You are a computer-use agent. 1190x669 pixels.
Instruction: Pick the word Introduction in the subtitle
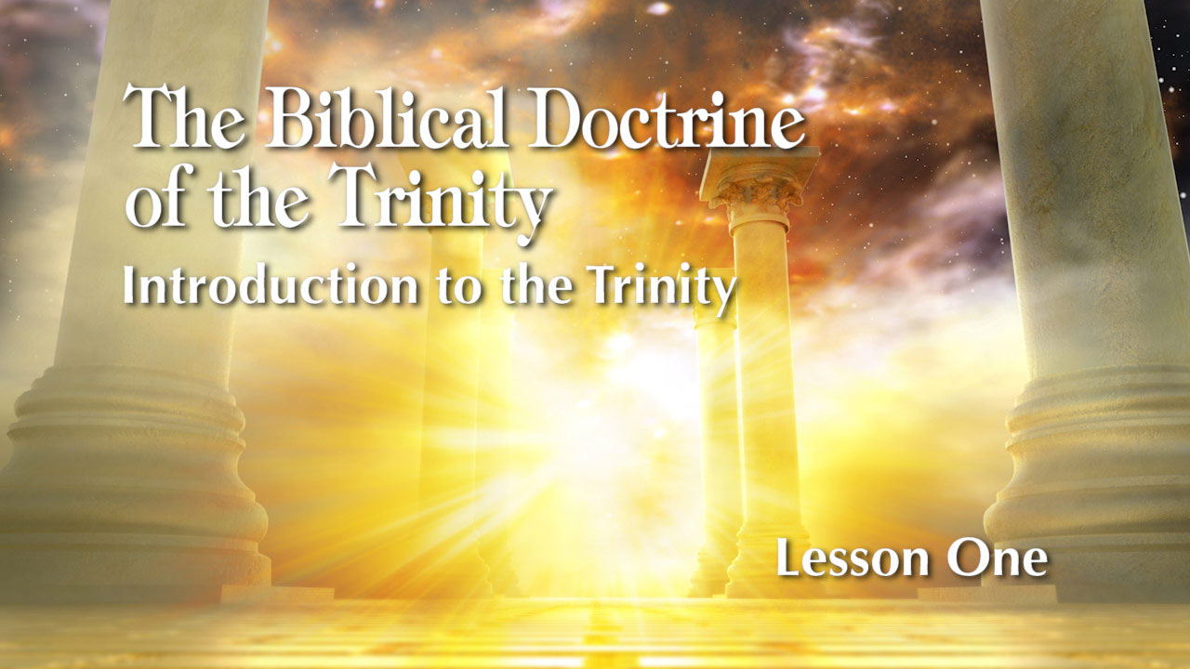[x=271, y=286]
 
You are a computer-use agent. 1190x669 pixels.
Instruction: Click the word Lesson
[x=850, y=559]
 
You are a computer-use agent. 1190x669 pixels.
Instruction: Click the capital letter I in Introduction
[x=129, y=286]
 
